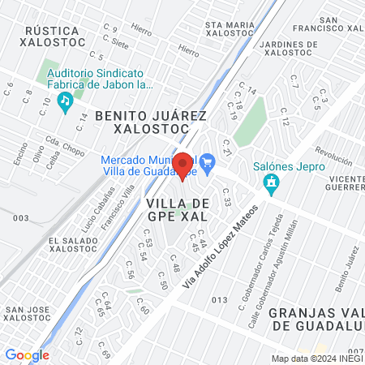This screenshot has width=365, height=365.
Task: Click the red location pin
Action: coord(182,166)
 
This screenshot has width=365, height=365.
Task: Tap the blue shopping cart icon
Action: coord(208,160)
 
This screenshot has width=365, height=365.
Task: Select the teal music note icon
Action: coord(64,101)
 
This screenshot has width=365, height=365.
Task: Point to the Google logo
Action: coord(27,354)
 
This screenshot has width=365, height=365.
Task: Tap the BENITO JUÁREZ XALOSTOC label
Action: coord(152,122)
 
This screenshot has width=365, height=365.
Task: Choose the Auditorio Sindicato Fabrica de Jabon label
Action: coord(95,78)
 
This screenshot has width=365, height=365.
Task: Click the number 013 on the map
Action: coord(219,300)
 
